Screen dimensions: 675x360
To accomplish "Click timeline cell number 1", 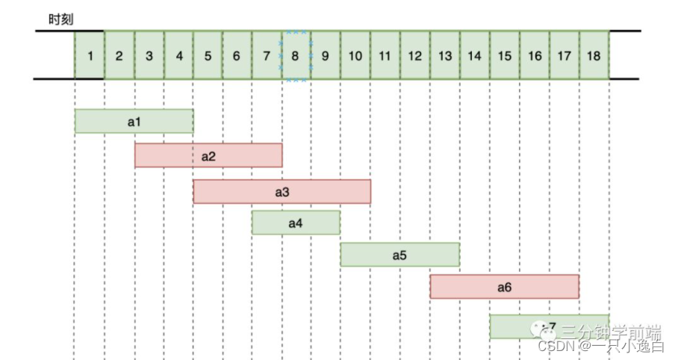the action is tap(90, 55).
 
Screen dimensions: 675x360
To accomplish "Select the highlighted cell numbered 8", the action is tap(296, 55).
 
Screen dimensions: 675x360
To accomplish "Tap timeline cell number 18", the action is tap(594, 55).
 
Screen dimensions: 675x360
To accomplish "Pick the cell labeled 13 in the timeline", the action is tap(445, 55).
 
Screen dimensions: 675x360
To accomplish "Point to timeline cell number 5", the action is tap(208, 55).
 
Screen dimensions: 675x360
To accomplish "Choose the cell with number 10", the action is tap(355, 55).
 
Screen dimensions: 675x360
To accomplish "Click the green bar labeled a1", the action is tap(134, 121).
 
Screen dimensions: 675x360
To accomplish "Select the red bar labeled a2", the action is tap(208, 155).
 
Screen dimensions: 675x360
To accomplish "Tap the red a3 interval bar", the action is tap(282, 192).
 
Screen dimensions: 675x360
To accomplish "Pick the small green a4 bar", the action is tap(296, 223).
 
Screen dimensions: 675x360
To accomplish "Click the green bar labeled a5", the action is tap(399, 255).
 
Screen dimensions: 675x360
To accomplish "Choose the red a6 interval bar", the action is tap(504, 287).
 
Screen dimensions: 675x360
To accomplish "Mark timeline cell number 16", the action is tap(535, 55).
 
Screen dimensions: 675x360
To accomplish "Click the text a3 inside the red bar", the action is tap(282, 192).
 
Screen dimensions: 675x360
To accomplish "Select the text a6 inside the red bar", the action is tap(504, 287).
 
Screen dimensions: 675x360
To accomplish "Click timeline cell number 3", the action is tap(149, 55).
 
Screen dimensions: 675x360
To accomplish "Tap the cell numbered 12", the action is tap(415, 55).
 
